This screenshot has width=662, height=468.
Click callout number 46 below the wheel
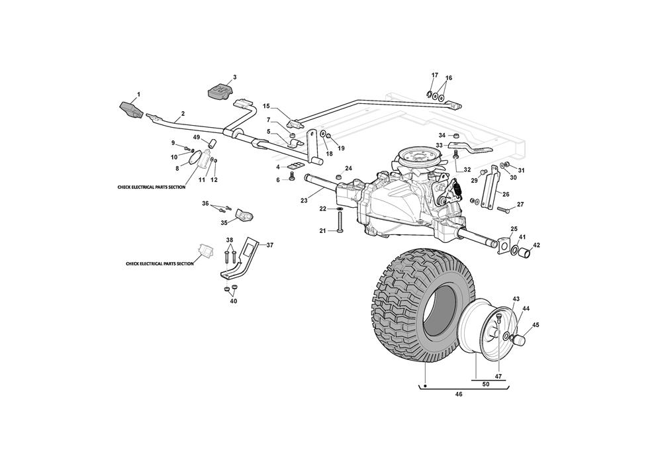click(459, 395)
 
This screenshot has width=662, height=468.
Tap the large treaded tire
click(404, 304)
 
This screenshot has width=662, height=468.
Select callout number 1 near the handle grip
click(138, 95)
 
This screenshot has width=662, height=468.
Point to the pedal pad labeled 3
click(220, 90)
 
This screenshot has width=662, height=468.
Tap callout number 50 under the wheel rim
click(486, 385)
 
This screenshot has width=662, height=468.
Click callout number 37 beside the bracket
click(252, 244)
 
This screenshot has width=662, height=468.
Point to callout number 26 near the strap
click(506, 194)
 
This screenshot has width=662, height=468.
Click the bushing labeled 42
click(525, 252)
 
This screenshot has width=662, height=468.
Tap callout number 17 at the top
click(435, 75)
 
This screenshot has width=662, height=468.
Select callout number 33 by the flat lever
click(439, 146)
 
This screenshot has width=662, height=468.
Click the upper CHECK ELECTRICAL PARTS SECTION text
click(151, 188)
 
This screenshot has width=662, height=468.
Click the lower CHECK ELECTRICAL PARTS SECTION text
click(160, 263)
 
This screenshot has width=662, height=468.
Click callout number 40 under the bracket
click(233, 301)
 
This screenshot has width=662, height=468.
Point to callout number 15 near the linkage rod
click(267, 106)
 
